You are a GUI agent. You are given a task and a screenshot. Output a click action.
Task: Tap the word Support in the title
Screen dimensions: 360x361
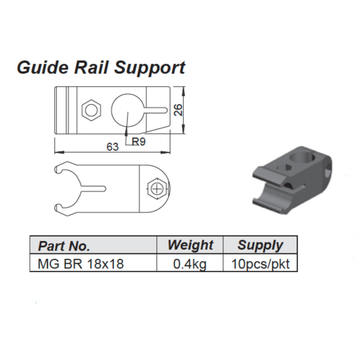coord(148,68)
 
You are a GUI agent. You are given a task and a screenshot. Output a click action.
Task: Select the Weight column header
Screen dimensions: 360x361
coord(190,245)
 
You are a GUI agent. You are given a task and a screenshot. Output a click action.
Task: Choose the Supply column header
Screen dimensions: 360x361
coord(260,245)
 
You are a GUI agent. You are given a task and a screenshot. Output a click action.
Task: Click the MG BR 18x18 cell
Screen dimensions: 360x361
coord(81,264)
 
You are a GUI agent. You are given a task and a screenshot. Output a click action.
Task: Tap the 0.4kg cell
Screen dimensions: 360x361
coord(190,264)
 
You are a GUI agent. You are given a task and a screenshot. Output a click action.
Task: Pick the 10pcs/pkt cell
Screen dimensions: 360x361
coord(260,264)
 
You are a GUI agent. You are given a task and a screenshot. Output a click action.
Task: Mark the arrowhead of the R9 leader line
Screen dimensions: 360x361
coord(126,128)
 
